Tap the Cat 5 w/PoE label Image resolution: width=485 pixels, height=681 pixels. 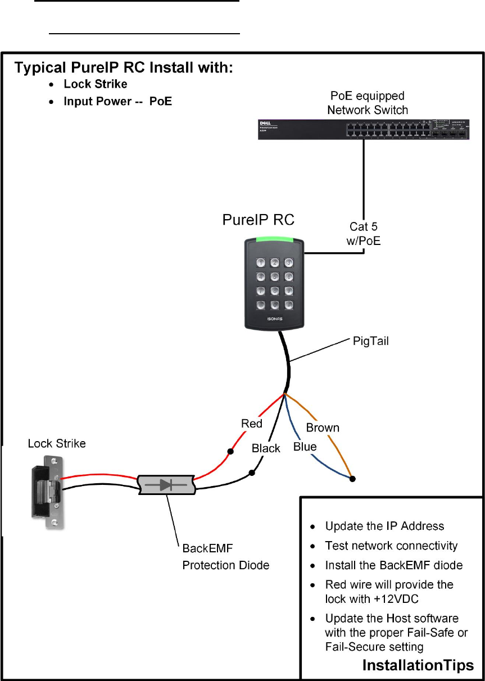click(x=363, y=234)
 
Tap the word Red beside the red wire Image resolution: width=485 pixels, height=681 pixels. click(x=252, y=424)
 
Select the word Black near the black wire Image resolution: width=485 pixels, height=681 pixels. click(x=266, y=448)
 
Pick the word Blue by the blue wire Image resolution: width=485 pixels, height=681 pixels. click(x=305, y=447)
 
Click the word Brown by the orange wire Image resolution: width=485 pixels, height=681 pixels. click(x=323, y=428)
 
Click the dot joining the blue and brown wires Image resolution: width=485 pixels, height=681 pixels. click(x=353, y=479)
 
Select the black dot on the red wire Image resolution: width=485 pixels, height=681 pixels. click(x=230, y=451)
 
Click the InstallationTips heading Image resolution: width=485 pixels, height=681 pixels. click(x=418, y=666)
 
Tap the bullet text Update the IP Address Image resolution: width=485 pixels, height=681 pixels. click(x=384, y=526)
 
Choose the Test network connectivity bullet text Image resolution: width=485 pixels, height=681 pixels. click(x=391, y=546)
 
